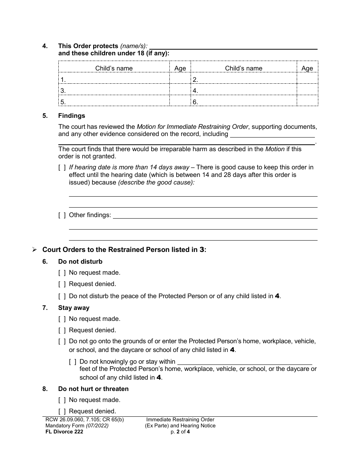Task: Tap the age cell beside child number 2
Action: [307, 80]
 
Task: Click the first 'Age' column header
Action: [180, 68]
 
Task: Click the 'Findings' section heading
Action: [72, 116]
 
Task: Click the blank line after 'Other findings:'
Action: [215, 215]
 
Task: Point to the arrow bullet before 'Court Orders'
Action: [34, 250]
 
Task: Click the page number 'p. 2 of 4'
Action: [180, 431]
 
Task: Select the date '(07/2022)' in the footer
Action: [97, 425]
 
